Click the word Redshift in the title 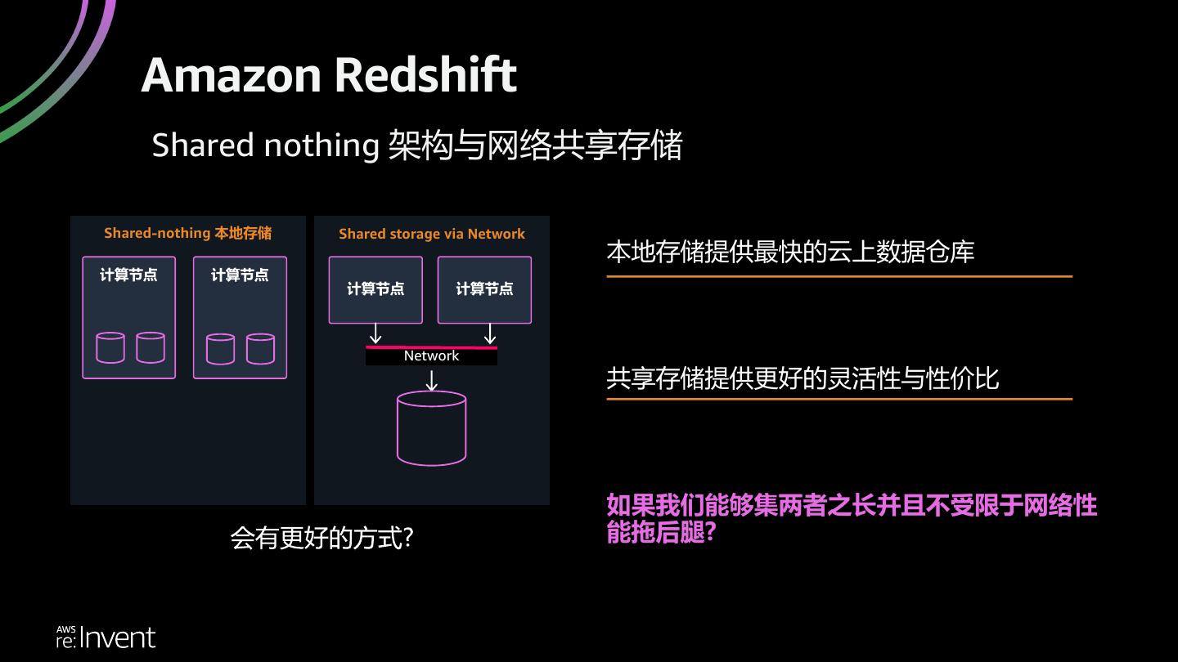(425, 75)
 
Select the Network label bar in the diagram (431, 356)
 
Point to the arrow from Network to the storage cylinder (431, 380)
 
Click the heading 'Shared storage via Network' (431, 234)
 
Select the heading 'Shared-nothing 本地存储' (187, 233)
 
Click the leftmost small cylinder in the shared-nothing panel (110, 347)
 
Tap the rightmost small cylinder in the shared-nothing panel (260, 348)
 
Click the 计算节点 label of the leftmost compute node (128, 275)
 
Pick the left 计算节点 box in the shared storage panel (375, 289)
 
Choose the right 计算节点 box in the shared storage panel (484, 289)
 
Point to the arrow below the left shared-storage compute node (375, 333)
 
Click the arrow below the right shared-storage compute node (489, 333)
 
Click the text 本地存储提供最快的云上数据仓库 (790, 252)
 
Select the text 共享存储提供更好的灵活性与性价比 (803, 378)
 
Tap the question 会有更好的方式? (321, 538)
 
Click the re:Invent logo (106, 637)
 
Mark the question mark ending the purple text (710, 533)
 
